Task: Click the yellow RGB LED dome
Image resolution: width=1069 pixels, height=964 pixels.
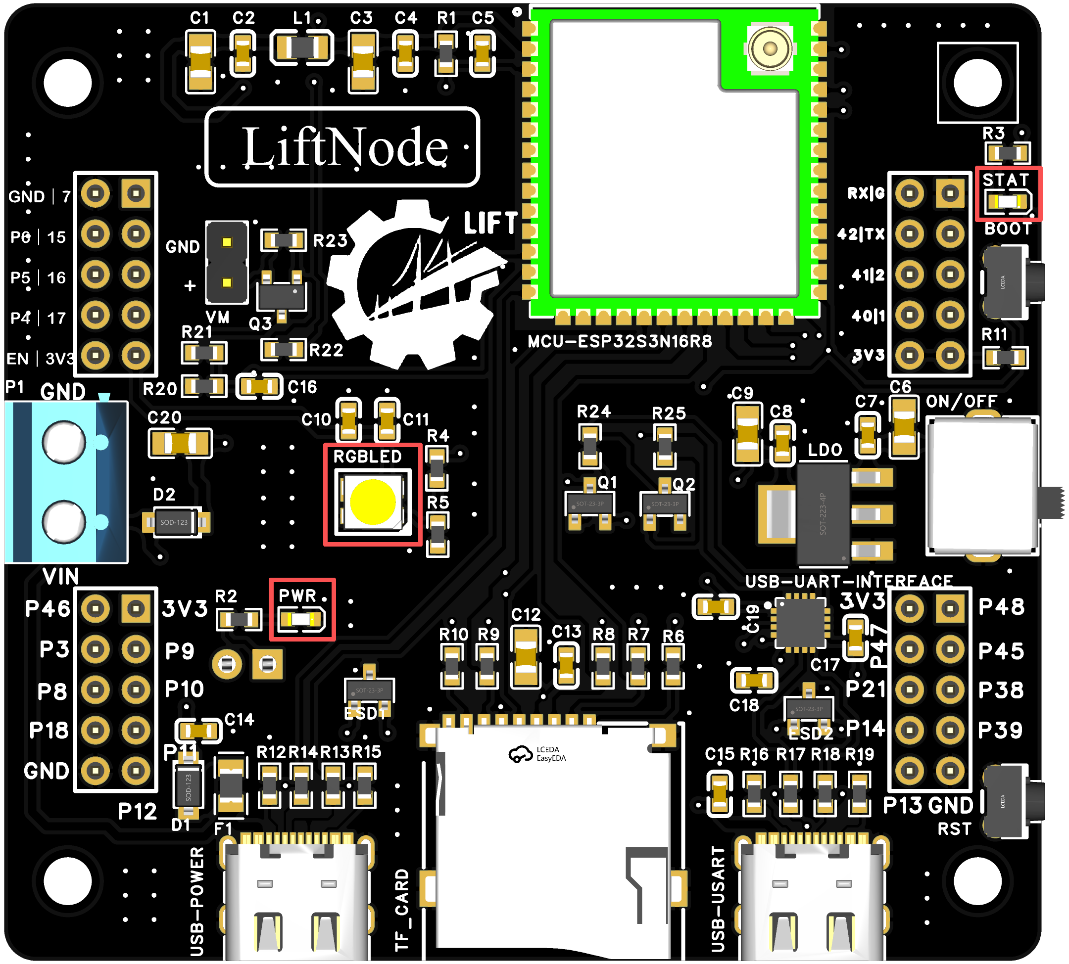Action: pos(373,501)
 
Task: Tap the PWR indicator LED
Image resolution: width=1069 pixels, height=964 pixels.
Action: pos(301,619)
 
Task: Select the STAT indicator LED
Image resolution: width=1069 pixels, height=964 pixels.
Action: pos(1008,202)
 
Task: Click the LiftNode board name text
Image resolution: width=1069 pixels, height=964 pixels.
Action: pos(344,147)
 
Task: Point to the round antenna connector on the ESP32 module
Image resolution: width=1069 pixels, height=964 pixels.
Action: pos(770,49)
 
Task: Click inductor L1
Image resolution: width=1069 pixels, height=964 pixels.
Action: pos(301,47)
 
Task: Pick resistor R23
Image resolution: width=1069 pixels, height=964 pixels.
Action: pos(284,240)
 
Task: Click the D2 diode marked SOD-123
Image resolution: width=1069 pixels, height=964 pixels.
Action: pos(175,522)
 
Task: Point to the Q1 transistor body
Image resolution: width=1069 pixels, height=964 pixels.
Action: pos(590,503)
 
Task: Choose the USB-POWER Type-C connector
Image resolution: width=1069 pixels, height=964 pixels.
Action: pos(297,900)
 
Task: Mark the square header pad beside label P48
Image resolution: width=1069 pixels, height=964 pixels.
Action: pos(950,607)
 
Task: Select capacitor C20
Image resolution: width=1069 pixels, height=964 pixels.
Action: pos(180,443)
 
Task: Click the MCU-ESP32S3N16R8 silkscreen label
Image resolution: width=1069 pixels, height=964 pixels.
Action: pos(620,342)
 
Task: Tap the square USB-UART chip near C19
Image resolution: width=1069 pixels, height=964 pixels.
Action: pos(800,623)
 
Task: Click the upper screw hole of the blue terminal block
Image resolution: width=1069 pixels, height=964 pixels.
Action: pos(64,441)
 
